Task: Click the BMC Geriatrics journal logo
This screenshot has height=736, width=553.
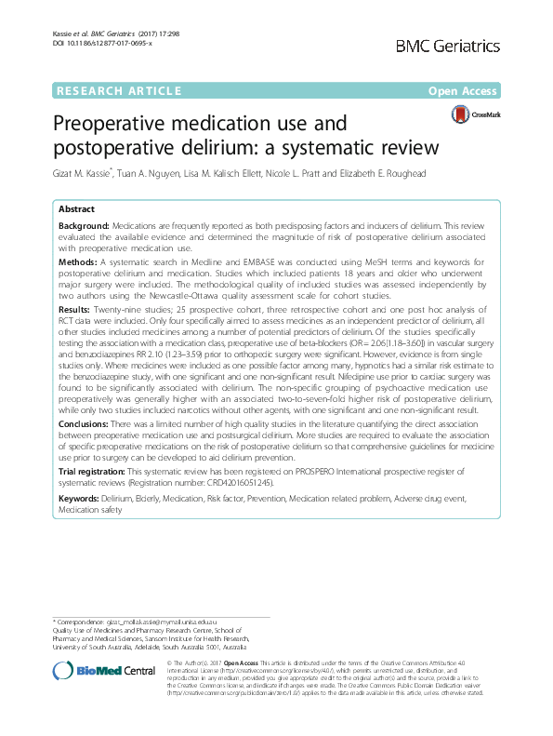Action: [474, 46]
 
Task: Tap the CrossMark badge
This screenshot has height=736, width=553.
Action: [478, 115]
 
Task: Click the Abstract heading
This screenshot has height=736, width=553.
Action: [77, 210]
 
